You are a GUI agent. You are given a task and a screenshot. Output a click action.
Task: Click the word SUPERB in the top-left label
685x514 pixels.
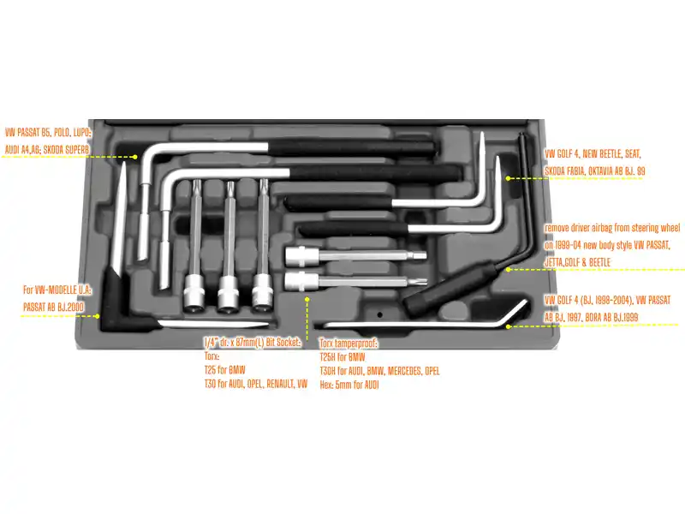[x=76, y=150]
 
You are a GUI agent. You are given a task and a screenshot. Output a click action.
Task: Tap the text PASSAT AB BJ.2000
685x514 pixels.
[x=53, y=307]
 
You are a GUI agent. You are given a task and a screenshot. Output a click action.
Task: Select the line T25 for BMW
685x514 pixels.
[x=225, y=370]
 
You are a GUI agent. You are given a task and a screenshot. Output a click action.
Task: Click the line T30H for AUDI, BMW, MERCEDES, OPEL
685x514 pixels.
[x=379, y=371]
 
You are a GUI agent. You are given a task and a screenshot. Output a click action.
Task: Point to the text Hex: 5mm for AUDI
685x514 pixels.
[x=349, y=385]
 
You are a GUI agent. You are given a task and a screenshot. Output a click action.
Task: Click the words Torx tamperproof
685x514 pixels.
[x=348, y=344]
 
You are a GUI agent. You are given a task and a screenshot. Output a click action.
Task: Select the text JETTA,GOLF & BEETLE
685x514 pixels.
[x=577, y=262]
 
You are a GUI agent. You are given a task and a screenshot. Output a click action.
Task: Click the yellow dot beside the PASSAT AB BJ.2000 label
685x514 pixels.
[x=98, y=316]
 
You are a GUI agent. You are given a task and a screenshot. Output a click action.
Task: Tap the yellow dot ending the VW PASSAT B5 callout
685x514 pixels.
[x=135, y=157]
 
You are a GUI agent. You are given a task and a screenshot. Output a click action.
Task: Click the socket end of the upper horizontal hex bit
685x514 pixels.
[x=301, y=255]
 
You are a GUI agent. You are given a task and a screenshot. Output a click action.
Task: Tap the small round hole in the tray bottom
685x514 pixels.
[x=380, y=314]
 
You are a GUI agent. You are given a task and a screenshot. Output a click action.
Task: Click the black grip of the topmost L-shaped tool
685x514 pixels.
[x=352, y=147]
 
